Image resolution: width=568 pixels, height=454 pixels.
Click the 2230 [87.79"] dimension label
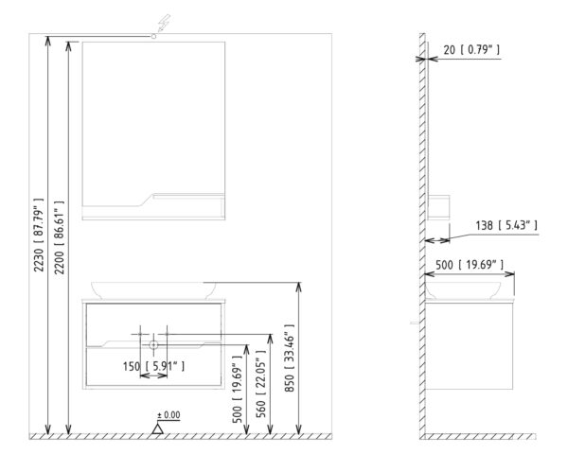[x=39, y=235]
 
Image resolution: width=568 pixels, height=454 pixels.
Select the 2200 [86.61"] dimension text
[x=59, y=237]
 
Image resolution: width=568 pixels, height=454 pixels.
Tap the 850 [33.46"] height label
[x=290, y=358]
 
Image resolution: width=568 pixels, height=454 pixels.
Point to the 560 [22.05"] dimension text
[x=261, y=384]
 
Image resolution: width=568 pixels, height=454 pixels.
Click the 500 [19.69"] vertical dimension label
[x=237, y=389]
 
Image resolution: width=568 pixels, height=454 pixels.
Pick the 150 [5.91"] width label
[x=153, y=366]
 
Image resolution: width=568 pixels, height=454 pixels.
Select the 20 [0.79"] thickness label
[x=471, y=49]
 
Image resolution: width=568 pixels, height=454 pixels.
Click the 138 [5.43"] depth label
[x=506, y=225]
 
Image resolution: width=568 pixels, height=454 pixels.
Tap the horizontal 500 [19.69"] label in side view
[x=470, y=265]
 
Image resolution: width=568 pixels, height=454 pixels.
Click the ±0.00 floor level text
[x=169, y=415]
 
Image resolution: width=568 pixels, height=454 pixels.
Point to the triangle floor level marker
[x=157, y=429]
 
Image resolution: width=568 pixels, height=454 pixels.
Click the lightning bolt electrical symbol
[x=164, y=23]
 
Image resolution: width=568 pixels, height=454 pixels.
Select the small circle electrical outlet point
[x=153, y=36]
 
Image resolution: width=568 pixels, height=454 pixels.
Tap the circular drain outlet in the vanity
[x=153, y=344]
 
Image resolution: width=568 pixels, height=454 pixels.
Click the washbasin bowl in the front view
[x=153, y=290]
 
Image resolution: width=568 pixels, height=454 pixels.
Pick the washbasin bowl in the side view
[x=463, y=290]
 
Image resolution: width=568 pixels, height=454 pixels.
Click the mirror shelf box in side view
[x=438, y=206]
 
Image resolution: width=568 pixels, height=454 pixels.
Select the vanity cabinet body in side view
[x=470, y=346]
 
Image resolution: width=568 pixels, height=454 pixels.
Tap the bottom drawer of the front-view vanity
[x=153, y=366]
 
